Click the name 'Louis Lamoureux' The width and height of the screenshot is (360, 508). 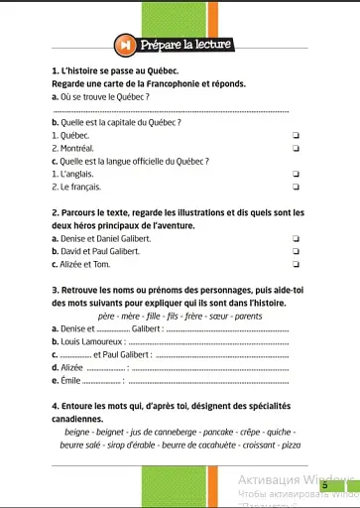[88, 340]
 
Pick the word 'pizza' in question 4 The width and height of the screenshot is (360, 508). [291, 445]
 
